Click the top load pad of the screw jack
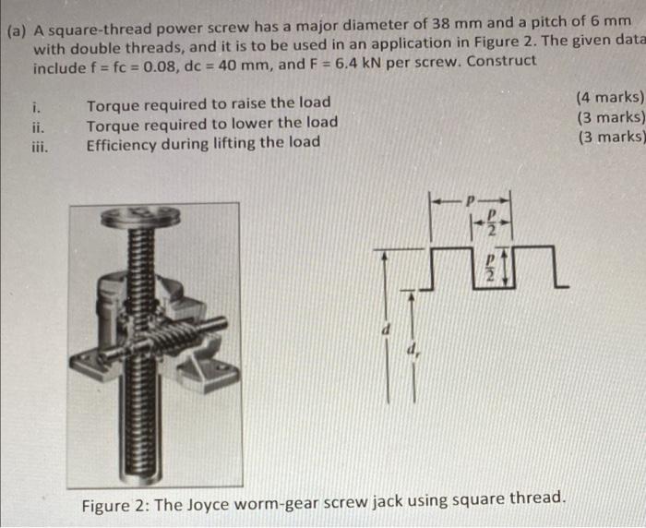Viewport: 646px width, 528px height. pyautogui.click(x=139, y=218)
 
